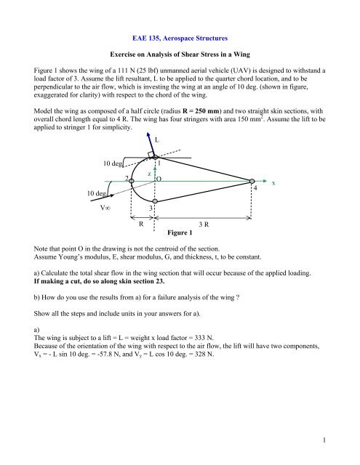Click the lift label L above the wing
157,139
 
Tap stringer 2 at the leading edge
132,179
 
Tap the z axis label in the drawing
149,174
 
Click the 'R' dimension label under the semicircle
142,225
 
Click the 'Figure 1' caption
180,234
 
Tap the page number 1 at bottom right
343,439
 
